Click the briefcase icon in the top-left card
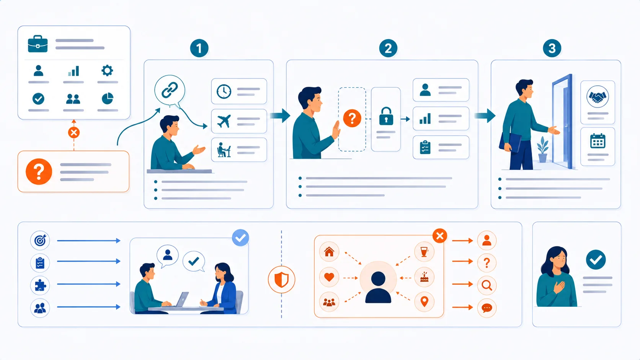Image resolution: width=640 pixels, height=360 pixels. coord(38,44)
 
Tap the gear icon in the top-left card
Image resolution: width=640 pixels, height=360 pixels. coord(107,70)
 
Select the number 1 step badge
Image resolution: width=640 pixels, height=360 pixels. coord(199,48)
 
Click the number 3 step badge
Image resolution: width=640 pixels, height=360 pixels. coord(552,48)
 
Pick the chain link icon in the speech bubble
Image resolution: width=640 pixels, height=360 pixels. coord(170,90)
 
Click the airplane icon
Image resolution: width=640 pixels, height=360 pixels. coord(224,121)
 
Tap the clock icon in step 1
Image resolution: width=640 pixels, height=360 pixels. coord(224,92)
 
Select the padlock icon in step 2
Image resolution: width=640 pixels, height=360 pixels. coord(386,116)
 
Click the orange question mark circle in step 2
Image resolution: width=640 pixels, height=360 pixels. coord(352,118)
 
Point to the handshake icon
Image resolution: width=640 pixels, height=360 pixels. coord(598,96)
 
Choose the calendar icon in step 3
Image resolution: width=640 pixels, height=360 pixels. coord(598,141)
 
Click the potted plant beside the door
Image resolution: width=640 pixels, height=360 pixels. coord(542,150)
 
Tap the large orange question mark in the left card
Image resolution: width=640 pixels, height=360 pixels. coord(39,171)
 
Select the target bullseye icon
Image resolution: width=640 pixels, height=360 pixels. coord(40,240)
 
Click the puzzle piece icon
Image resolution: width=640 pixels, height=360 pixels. coord(40,285)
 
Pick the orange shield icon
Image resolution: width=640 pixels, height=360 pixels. coord(281,280)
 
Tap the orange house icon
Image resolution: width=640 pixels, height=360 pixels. coord(329,251)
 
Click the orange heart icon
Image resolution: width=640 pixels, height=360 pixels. coord(329,277)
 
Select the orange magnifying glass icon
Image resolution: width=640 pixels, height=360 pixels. coord(487,285)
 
